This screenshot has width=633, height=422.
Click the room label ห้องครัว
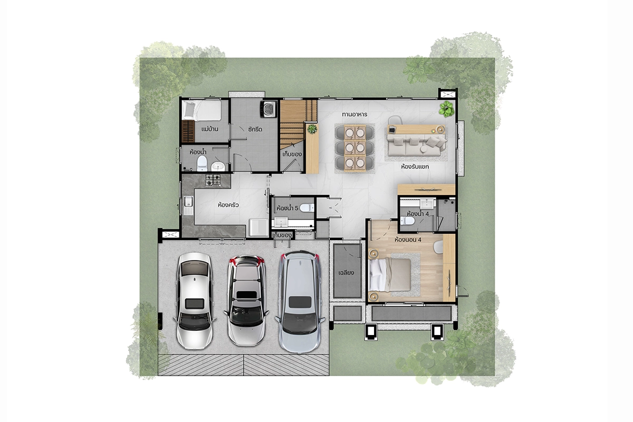228,205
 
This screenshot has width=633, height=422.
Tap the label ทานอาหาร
354,114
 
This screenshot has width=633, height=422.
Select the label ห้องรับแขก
415,167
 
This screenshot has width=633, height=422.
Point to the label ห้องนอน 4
408,239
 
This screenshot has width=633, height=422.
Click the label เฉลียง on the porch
346,273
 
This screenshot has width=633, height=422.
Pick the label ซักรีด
255,129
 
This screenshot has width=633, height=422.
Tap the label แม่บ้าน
210,129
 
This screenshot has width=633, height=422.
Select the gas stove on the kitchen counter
213,180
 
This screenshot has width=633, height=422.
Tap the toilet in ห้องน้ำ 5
307,208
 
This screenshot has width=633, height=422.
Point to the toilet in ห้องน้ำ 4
407,220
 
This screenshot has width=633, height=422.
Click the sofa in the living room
417,145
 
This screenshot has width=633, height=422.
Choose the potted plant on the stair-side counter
312,129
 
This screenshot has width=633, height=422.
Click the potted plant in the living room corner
446,109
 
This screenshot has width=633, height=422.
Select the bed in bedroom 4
390,275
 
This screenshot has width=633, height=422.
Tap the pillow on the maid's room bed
189,110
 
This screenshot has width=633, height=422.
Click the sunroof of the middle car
246,295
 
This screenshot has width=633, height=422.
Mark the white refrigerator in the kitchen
258,227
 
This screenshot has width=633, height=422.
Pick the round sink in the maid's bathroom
218,167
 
